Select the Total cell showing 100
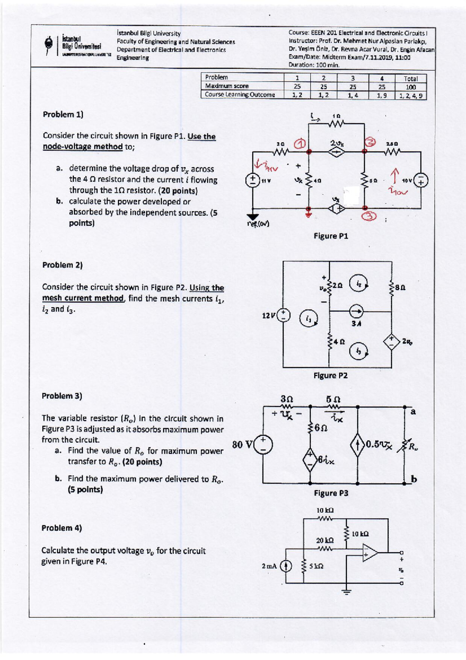pyautogui.click(x=410, y=87)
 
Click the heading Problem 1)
pyautogui.click(x=63, y=115)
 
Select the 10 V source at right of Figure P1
pyautogui.click(x=421, y=180)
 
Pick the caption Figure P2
pyautogui.click(x=330, y=375)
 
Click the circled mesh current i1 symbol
pyautogui.click(x=309, y=320)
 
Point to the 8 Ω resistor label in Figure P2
pyautogui.click(x=401, y=288)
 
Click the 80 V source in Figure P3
pyautogui.click(x=263, y=444)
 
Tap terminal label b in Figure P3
pyautogui.click(x=414, y=479)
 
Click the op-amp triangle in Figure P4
pyautogui.click(x=369, y=553)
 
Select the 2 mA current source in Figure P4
pyautogui.click(x=286, y=566)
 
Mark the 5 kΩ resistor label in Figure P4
pyautogui.click(x=316, y=566)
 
